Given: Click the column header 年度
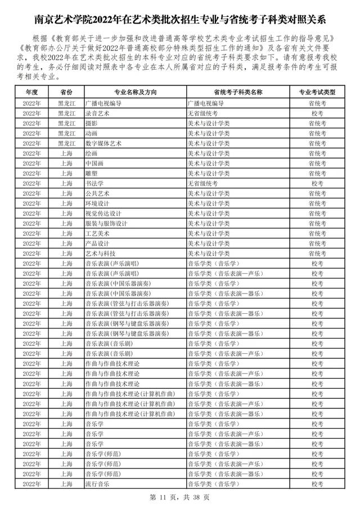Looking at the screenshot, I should [31, 92].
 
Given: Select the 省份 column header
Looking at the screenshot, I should [66, 92].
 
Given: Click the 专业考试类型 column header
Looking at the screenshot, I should [317, 92].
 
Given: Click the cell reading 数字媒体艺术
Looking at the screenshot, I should [101, 143].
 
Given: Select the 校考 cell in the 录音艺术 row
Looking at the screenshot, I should [317, 113].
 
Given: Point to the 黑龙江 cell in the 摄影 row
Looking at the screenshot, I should [66, 123].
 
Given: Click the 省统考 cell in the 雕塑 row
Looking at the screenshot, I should [317, 173].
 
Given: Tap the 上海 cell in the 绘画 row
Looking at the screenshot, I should [66, 153].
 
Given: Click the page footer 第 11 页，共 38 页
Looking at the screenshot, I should [180, 497].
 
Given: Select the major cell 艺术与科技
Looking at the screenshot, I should [100, 253].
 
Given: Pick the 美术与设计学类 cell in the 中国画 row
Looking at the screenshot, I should [209, 163].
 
